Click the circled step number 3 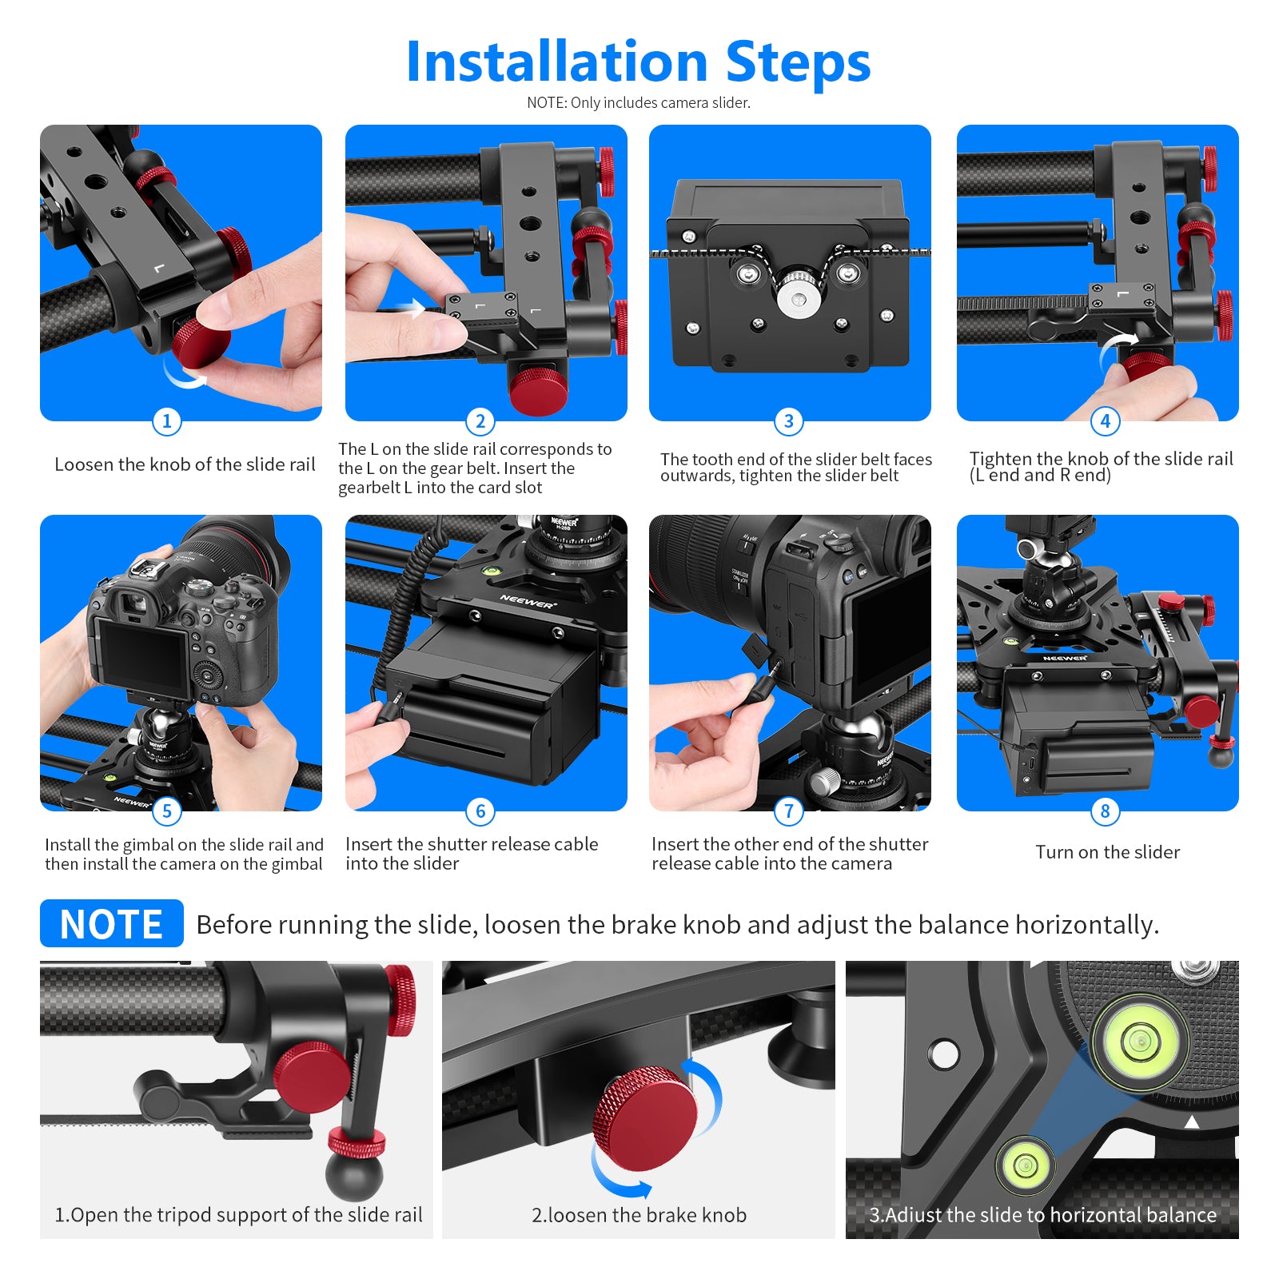pos(789,421)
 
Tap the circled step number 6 pos(480,811)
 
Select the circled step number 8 pos(1105,811)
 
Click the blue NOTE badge pos(112,924)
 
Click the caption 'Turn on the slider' pos(1107,852)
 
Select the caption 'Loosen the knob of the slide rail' pos(185,464)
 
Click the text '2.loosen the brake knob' pos(639,1215)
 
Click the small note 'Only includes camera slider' pos(638,102)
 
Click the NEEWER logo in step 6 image pos(527,601)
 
